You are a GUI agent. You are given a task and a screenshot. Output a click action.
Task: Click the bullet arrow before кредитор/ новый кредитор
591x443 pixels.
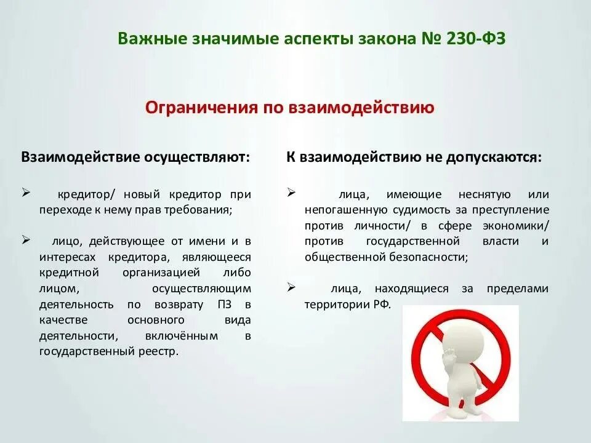pos(26,193)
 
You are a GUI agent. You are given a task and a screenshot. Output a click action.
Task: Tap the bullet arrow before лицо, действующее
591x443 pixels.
pos(26,239)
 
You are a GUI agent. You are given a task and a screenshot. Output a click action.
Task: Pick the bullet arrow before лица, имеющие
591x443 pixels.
pos(291,193)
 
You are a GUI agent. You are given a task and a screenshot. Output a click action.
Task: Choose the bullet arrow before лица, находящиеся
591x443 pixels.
pos(291,287)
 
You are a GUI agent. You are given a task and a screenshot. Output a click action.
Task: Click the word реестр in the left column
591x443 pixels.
pos(160,352)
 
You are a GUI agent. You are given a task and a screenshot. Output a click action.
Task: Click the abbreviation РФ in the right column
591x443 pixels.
pos(380,305)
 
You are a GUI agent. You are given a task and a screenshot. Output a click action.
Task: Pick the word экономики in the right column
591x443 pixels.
pos(515,225)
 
